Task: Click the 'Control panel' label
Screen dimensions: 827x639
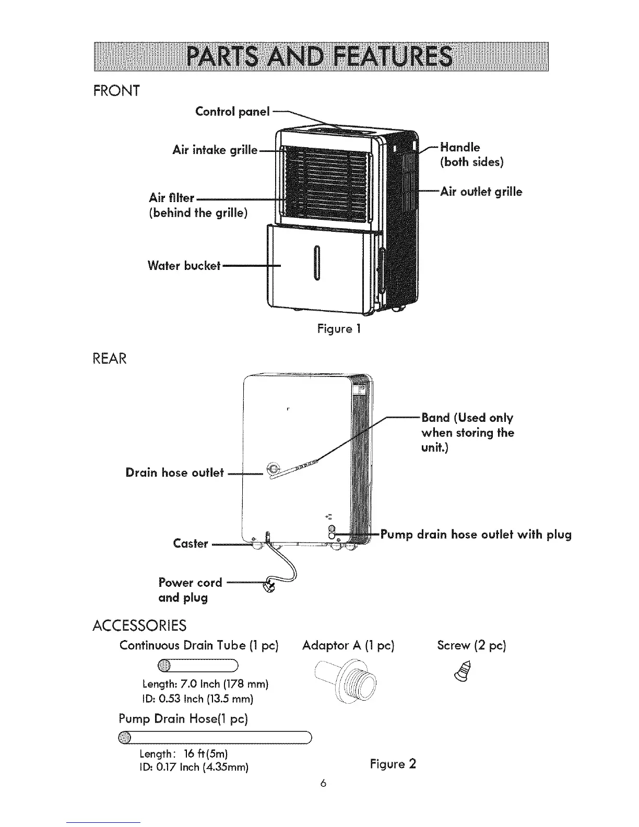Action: click(232, 111)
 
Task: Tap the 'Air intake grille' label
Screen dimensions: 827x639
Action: click(215, 150)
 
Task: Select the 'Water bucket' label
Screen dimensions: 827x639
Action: click(184, 265)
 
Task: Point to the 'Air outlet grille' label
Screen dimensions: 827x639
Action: click(481, 192)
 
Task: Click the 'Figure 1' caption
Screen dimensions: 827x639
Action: click(339, 329)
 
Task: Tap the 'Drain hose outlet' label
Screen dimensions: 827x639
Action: click(174, 472)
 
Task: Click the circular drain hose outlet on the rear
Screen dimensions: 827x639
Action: click(273, 468)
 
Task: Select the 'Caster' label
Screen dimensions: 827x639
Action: click(190, 544)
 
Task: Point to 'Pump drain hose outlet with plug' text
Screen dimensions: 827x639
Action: click(476, 535)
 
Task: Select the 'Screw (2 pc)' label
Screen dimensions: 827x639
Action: click(471, 645)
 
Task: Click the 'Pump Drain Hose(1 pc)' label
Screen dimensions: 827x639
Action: click(183, 719)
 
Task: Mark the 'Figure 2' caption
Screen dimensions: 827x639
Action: click(393, 764)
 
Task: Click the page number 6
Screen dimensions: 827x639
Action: click(324, 783)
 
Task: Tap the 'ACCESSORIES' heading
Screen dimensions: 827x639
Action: click(139, 625)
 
